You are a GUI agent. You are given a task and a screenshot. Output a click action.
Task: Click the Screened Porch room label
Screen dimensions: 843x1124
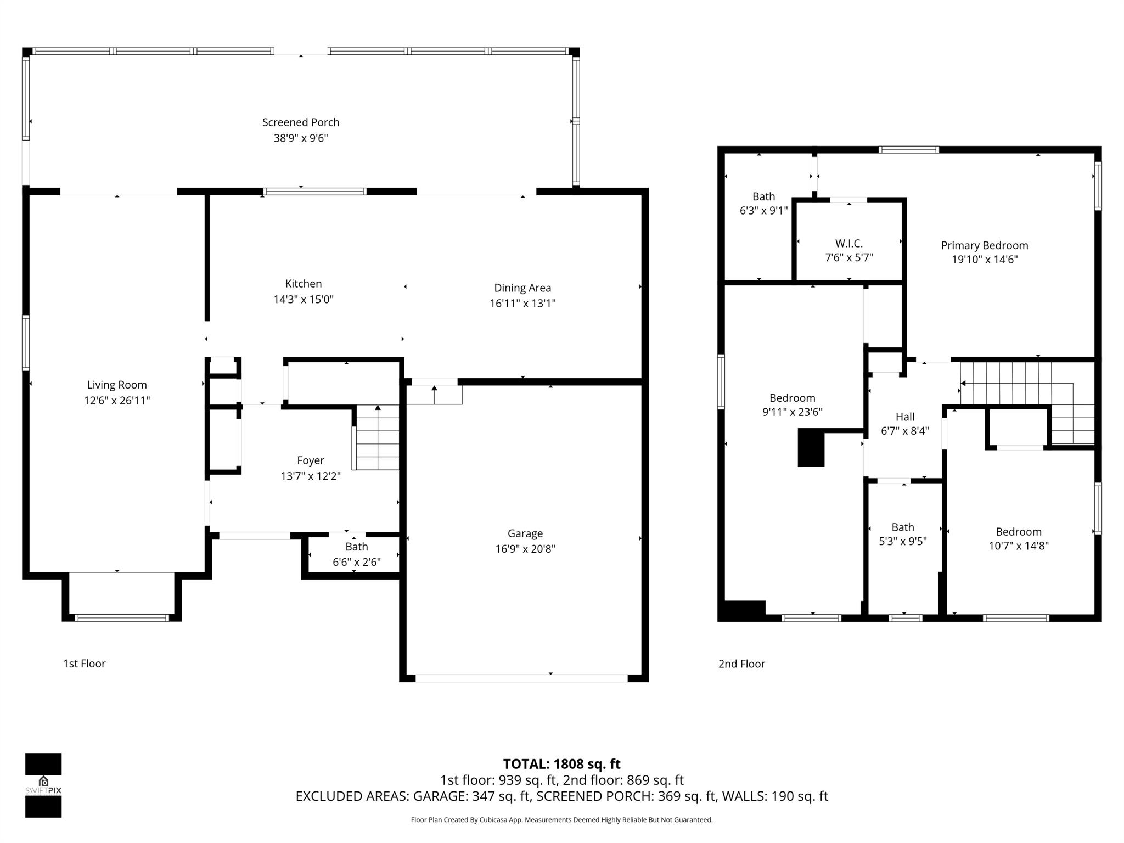pyautogui.click(x=300, y=122)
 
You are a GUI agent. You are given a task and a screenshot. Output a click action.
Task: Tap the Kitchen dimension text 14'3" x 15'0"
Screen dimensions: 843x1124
pyautogui.click(x=304, y=300)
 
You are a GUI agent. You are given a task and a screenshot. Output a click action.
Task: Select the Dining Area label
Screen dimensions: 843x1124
pyautogui.click(x=522, y=288)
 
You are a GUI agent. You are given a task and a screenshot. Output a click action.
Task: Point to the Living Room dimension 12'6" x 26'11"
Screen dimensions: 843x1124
pyautogui.click(x=117, y=401)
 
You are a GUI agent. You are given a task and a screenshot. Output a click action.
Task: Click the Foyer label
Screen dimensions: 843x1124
pyautogui.click(x=310, y=460)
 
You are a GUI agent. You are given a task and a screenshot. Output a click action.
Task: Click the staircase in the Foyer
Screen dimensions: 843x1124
pyautogui.click(x=376, y=438)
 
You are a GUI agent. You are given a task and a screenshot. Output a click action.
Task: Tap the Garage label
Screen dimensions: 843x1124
pyautogui.click(x=525, y=533)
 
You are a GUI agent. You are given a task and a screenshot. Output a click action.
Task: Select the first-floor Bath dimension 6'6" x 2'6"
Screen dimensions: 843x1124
pyautogui.click(x=356, y=562)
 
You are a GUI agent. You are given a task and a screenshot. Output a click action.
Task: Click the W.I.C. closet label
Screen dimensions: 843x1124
pyautogui.click(x=848, y=243)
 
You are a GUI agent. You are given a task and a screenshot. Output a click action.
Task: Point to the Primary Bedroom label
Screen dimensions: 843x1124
pyautogui.click(x=984, y=245)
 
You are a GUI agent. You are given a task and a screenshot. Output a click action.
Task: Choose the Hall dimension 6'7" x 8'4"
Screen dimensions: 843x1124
pyautogui.click(x=904, y=431)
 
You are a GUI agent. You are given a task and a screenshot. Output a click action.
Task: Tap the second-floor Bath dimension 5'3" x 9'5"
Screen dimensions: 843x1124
pyautogui.click(x=902, y=541)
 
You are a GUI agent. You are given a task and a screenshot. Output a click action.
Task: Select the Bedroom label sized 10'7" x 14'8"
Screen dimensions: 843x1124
pyautogui.click(x=1018, y=531)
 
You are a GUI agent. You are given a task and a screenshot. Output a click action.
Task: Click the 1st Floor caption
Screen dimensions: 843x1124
pyautogui.click(x=84, y=664)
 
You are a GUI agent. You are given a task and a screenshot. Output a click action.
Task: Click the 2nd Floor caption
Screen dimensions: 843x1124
pyautogui.click(x=741, y=664)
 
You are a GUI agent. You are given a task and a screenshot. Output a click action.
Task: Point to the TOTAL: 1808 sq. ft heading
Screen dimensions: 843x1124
pyautogui.click(x=561, y=764)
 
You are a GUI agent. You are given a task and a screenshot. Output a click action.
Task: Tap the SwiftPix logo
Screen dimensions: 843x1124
pyautogui.click(x=43, y=785)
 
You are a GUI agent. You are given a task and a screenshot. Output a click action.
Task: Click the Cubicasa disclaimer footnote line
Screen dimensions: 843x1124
pyautogui.click(x=561, y=820)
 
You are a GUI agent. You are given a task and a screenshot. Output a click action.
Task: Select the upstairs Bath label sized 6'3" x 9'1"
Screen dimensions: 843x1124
pyautogui.click(x=763, y=196)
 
